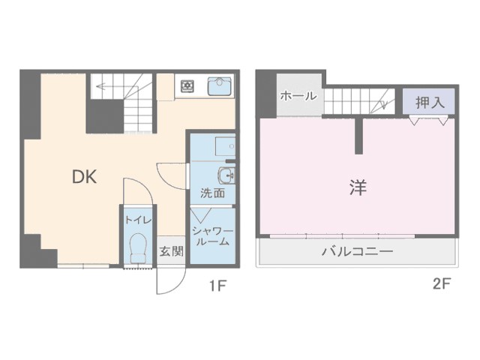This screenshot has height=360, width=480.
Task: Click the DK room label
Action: coord(85,177)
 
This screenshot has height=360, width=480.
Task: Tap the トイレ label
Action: coord(138,220)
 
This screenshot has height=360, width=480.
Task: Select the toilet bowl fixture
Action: coord(138,248)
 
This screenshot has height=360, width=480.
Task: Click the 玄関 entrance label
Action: coord(171,252)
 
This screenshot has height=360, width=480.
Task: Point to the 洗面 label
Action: coord(213,193)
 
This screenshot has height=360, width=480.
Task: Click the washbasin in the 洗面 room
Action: coord(226,175)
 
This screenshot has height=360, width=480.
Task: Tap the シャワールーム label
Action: coord(212,236)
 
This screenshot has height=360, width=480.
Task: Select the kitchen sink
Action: coord(220,86)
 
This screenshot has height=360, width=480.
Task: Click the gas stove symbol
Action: coord(187,86)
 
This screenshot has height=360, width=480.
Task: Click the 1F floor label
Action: coord(217,286)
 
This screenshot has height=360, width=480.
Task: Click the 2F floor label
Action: coord(442,284)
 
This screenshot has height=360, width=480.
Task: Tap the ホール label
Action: coord(298,96)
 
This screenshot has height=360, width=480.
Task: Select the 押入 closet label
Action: coord(430,103)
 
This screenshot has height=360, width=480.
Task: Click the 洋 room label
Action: coord(358,187)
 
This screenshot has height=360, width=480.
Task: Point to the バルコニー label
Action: coord(357,252)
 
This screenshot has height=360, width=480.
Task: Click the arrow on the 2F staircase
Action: coord(381,102)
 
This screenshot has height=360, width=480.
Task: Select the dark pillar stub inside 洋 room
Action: coord(358,136)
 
